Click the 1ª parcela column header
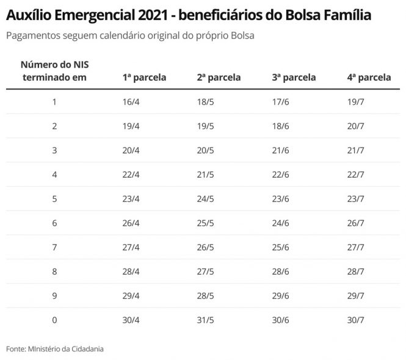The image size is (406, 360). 144,77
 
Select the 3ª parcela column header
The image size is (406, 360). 294,77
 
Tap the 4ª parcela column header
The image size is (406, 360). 369,77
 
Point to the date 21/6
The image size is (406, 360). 281,149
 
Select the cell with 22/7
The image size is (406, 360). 355,175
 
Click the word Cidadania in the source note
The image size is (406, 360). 85,349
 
